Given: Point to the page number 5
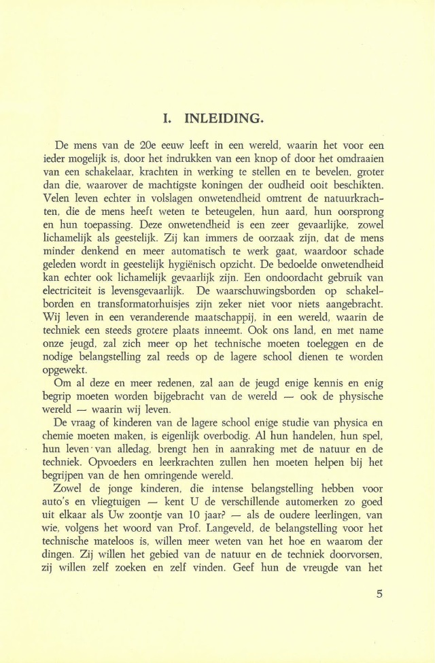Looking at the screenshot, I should tap(379, 593).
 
